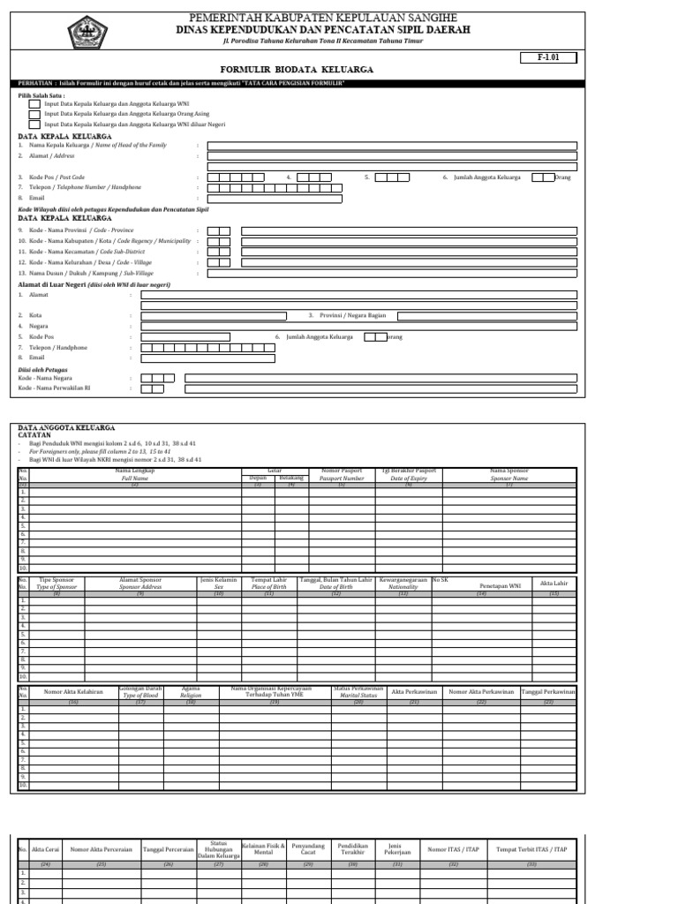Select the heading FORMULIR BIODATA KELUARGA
pos(296,69)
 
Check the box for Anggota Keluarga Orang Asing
pos(34,114)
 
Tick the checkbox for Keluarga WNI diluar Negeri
pos(34,124)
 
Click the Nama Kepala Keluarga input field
pos(392,146)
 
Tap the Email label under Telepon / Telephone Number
pos(36,198)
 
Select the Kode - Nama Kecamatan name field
pos(410,251)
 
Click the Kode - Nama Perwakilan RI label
pos(55,388)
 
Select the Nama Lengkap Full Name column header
pos(135,475)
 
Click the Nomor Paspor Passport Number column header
pos(341,475)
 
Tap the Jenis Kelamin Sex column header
pos(219,584)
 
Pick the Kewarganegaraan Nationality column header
pos(403,584)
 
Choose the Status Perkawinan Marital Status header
pos(358,692)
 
